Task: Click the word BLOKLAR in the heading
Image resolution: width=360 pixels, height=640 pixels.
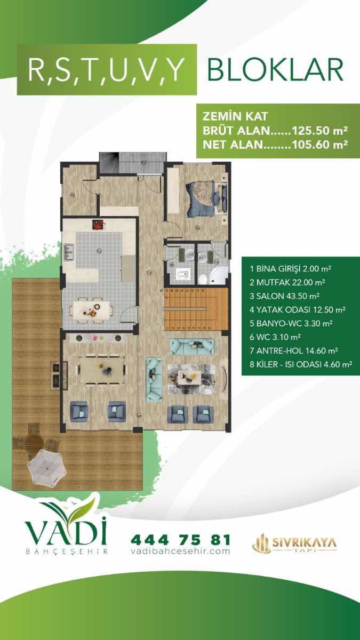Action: [275, 70]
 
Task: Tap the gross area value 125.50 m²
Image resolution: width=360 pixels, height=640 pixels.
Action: [319, 131]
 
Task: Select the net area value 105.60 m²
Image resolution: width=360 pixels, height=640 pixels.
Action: [319, 145]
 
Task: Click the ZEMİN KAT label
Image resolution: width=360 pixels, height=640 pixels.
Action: [235, 116]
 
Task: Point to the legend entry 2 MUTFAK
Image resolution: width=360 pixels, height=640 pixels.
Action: [287, 282]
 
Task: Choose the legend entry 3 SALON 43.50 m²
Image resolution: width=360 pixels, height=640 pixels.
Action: [284, 296]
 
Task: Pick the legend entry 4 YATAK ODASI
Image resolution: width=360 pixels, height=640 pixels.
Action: [298, 310]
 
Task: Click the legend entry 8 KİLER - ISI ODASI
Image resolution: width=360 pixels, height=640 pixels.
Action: [301, 364]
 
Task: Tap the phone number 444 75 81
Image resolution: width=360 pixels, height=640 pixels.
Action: [181, 540]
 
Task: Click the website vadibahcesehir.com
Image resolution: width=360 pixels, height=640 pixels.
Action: [181, 551]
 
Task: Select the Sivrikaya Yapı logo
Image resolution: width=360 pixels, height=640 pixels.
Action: [294, 544]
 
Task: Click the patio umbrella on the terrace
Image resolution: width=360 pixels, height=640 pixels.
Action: [47, 466]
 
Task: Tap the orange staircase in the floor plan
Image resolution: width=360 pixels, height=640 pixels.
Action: [196, 309]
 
